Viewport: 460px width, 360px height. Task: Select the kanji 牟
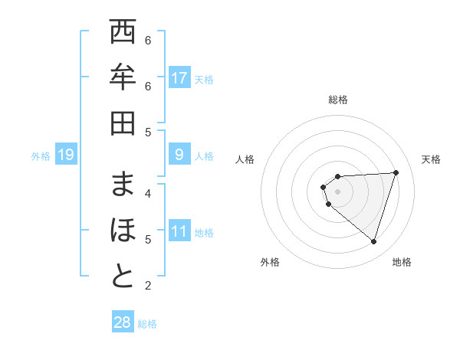click(x=123, y=78)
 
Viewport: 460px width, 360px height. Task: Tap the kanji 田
click(x=123, y=123)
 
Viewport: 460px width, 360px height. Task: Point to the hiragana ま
click(x=123, y=185)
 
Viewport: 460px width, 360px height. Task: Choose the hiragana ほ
click(x=123, y=231)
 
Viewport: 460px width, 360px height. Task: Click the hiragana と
click(x=123, y=277)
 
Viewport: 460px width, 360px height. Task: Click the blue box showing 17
click(x=179, y=78)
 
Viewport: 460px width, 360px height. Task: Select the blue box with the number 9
click(x=179, y=155)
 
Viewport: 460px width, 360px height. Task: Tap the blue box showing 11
click(x=179, y=231)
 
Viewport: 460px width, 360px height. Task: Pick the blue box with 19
click(x=66, y=155)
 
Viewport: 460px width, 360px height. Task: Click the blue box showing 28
click(x=123, y=322)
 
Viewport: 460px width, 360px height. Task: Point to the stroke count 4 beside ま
click(x=148, y=193)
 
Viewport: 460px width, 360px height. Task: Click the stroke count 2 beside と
click(x=148, y=286)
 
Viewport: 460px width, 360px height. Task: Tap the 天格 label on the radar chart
click(x=431, y=159)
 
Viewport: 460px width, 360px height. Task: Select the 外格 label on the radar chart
click(x=270, y=262)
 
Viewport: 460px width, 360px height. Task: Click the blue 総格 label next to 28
click(x=147, y=324)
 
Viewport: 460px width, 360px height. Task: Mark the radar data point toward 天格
click(x=396, y=172)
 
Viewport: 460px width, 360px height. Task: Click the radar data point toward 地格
click(x=373, y=241)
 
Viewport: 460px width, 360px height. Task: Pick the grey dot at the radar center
click(x=337, y=191)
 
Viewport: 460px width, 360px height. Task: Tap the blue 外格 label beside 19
click(x=41, y=156)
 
